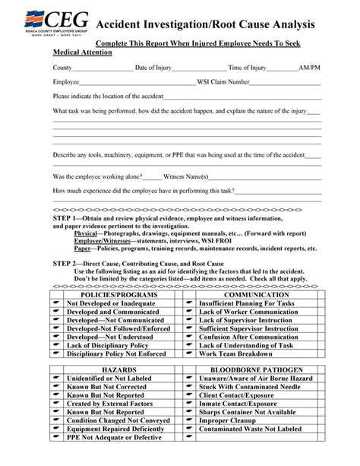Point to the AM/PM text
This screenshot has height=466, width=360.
pyautogui.click(x=310, y=68)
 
